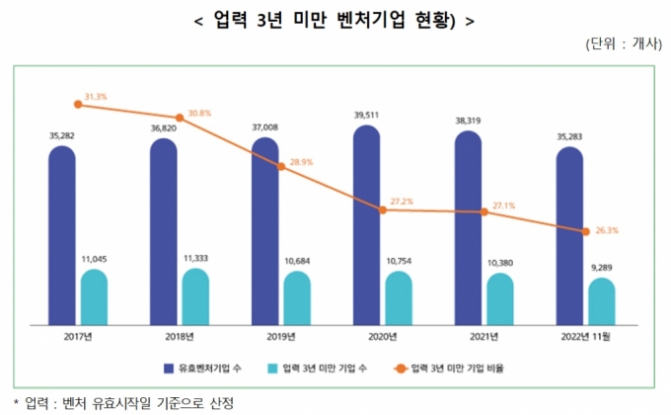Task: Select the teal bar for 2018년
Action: (x=195, y=295)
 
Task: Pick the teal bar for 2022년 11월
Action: (x=602, y=300)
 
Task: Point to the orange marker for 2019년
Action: (x=282, y=166)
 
